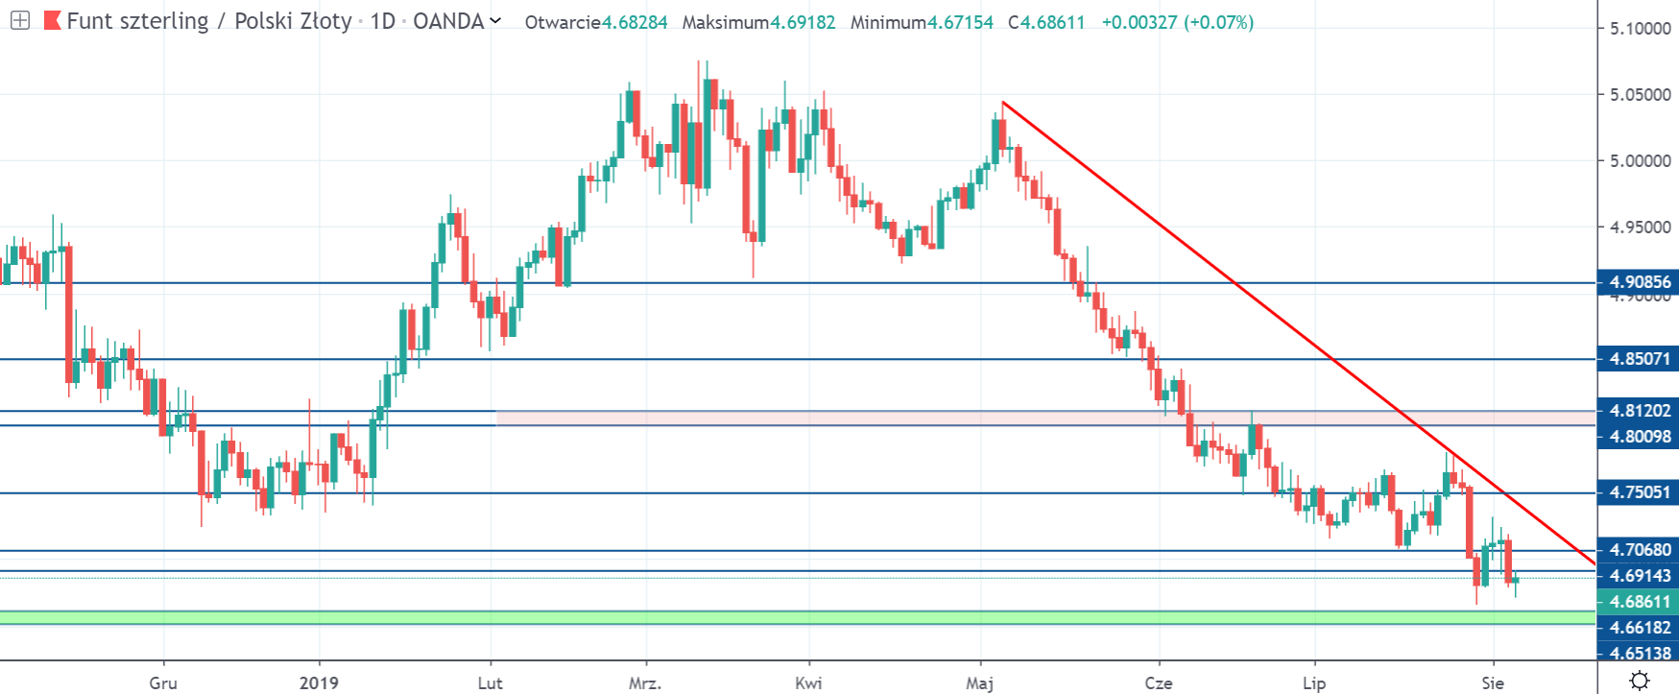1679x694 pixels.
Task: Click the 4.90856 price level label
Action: click(1639, 282)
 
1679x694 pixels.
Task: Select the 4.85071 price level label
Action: click(1639, 359)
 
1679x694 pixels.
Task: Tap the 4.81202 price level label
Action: click(1639, 411)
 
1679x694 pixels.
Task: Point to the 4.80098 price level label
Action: click(1639, 437)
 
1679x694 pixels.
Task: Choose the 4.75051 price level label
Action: click(1639, 492)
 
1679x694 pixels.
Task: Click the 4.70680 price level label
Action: click(1639, 550)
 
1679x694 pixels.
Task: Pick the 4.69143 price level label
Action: click(1639, 576)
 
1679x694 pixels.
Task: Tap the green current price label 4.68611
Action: click(1639, 602)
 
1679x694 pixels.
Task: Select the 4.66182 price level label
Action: click(1639, 628)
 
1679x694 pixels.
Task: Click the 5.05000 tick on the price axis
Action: click(1640, 95)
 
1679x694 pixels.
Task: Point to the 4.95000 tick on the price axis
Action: click(1640, 227)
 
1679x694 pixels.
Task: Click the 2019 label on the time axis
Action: click(319, 683)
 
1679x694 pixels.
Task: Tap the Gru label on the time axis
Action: click(163, 683)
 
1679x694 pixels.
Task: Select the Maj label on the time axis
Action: click(979, 683)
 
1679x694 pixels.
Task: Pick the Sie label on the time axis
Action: click(1493, 683)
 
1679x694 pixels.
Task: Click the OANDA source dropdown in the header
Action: click(457, 21)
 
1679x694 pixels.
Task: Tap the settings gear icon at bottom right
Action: click(1640, 681)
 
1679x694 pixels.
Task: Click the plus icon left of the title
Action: click(19, 20)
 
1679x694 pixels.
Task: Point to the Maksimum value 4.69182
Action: click(803, 22)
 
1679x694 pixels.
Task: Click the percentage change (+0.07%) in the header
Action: click(1218, 22)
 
